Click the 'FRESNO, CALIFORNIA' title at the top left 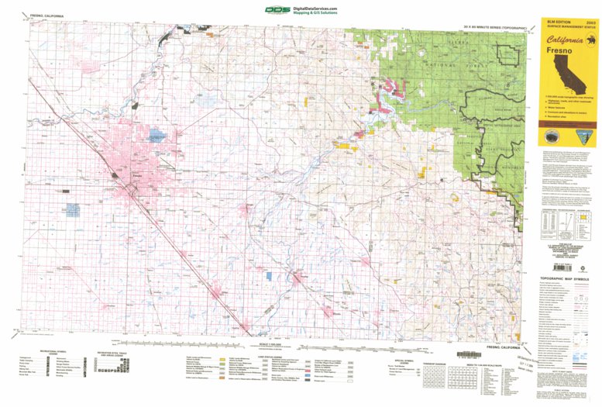click(46, 16)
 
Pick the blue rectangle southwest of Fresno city click(73, 209)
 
